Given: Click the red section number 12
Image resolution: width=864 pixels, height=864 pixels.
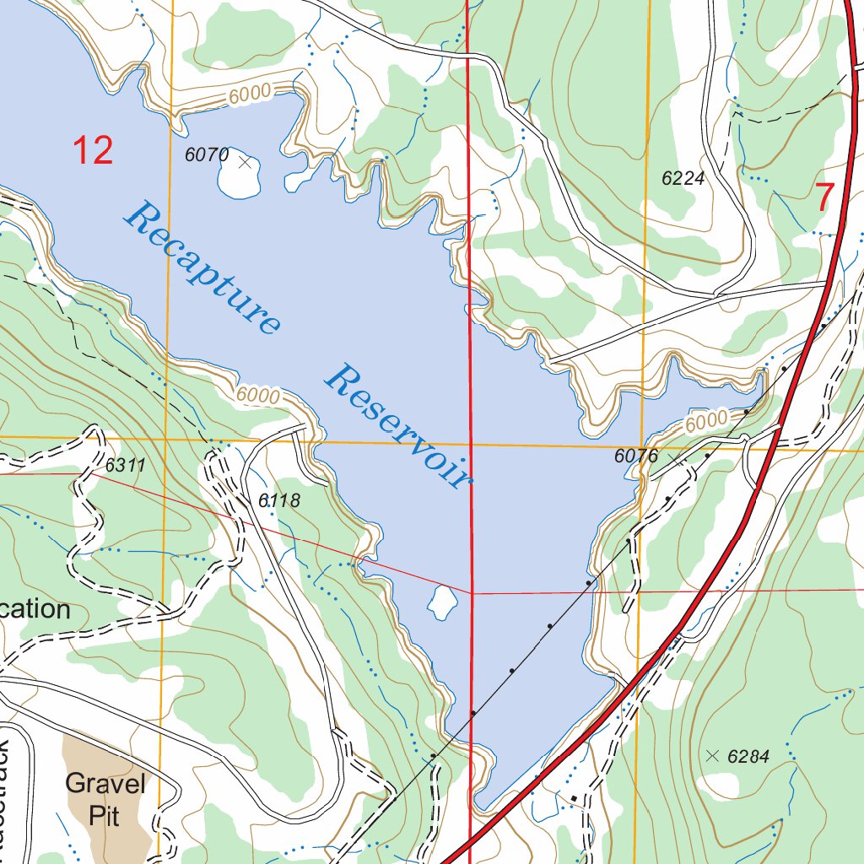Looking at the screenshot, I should click(92, 150).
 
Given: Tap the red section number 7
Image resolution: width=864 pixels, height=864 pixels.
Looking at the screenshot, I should click(823, 197).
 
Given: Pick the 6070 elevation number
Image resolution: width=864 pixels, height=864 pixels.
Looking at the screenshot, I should click(207, 154).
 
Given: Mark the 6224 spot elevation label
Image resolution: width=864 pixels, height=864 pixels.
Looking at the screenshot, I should click(683, 178).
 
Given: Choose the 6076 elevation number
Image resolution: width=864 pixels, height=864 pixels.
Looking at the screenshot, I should click(636, 456).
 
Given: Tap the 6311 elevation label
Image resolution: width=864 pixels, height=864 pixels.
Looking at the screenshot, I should click(127, 465).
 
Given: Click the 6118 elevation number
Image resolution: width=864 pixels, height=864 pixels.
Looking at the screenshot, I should click(279, 500).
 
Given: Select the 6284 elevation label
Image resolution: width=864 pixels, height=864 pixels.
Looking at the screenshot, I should click(748, 757).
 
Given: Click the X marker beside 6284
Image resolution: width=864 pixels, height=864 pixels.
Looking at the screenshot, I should click(713, 756).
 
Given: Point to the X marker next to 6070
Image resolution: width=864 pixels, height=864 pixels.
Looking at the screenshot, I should click(245, 161).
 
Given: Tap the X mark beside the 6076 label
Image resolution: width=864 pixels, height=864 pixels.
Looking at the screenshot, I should click(673, 458).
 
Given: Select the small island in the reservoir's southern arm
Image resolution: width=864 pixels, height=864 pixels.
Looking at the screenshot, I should click(441, 602).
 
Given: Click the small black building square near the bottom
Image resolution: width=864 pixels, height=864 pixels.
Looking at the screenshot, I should click(574, 797).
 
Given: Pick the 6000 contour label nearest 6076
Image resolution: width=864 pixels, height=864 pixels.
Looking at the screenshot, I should click(705, 419).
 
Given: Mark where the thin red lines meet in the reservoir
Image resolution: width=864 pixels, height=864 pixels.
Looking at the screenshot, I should click(471, 593).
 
